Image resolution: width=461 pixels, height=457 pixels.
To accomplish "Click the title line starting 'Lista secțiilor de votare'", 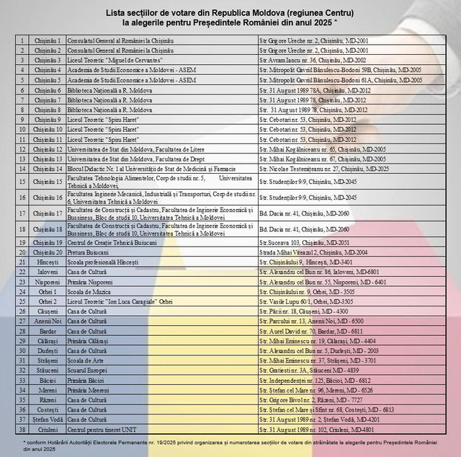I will tap(230, 13).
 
